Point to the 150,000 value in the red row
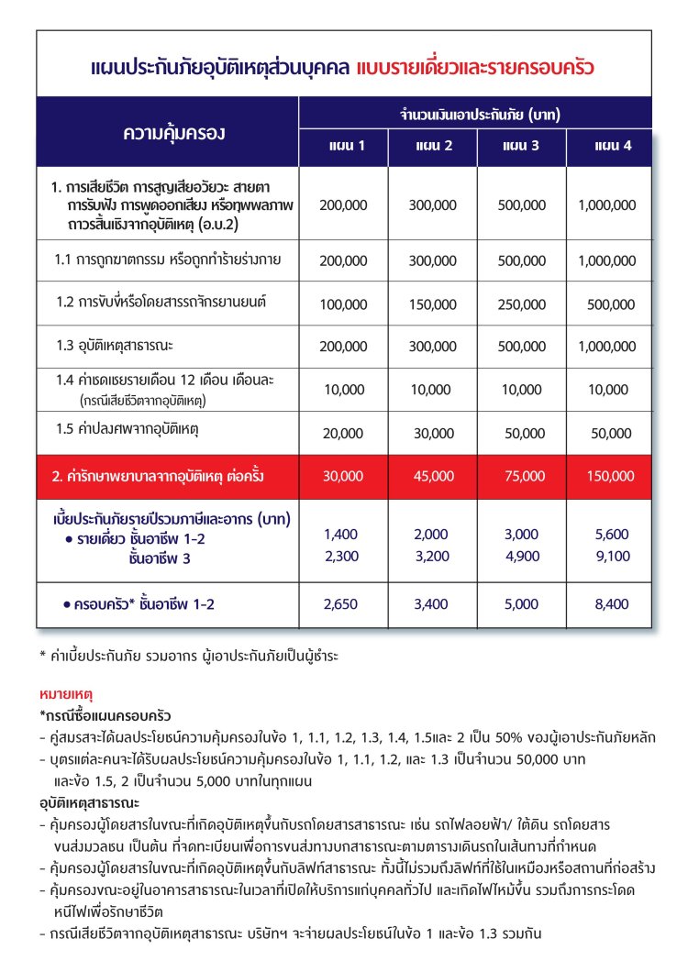coord(609,476)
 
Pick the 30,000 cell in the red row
coord(345,476)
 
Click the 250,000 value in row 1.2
coord(522,305)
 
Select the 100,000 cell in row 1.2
coord(345,305)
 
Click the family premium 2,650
coord(345,604)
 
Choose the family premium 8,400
coord(609,604)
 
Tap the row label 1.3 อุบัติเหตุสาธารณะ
coord(116,346)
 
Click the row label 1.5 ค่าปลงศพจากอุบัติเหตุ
coord(128,428)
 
